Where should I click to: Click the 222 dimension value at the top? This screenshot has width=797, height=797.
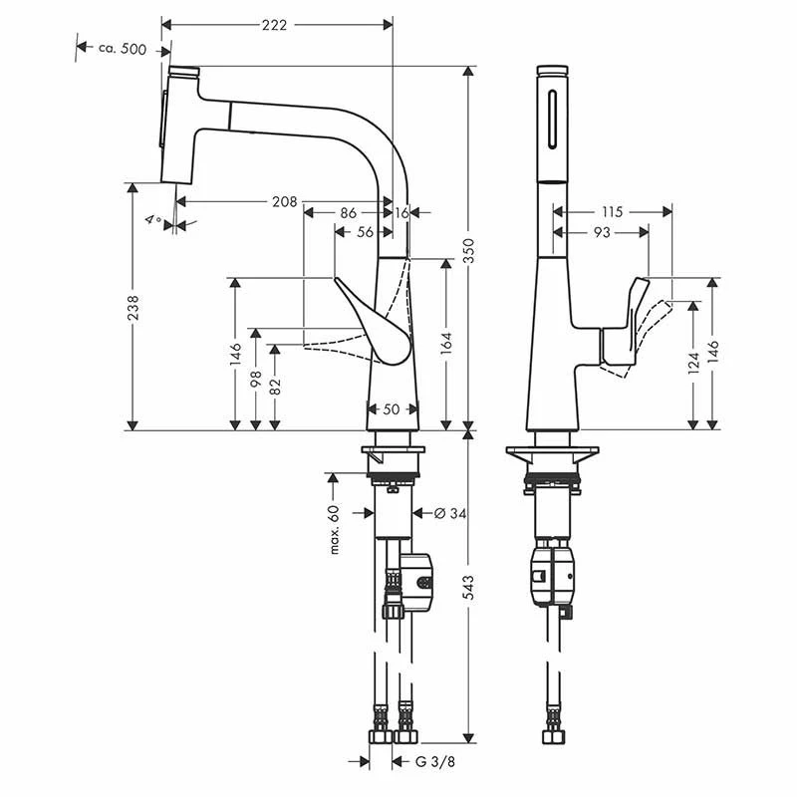(x=275, y=25)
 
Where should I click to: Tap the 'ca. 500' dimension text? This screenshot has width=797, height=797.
(x=123, y=49)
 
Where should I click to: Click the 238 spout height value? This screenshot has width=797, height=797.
(x=133, y=308)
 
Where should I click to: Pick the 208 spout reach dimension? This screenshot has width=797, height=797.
(x=284, y=202)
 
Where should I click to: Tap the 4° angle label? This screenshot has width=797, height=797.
(x=153, y=219)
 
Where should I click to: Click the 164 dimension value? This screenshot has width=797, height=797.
(x=446, y=343)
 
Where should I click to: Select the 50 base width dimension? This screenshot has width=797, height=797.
(x=392, y=408)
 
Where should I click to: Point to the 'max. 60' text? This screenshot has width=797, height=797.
(x=334, y=529)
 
